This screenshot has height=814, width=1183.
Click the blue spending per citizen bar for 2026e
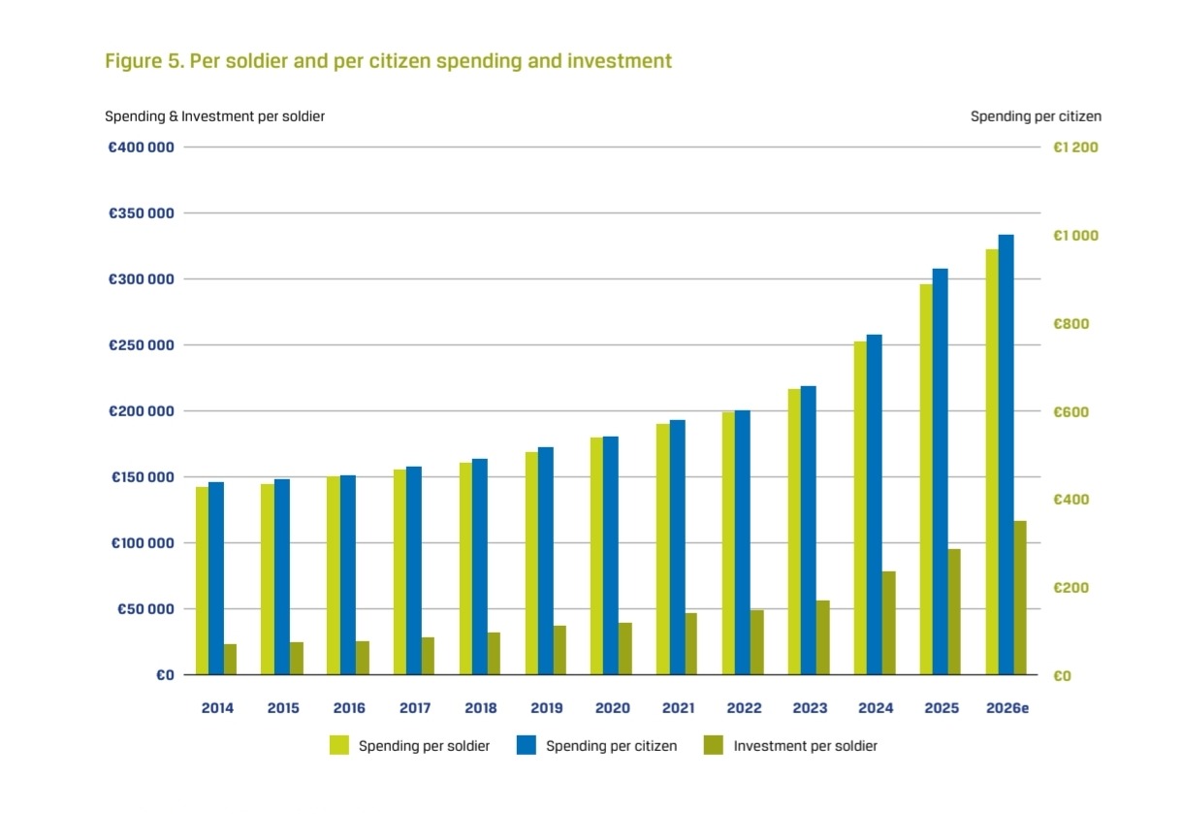pyautogui.click(x=1007, y=455)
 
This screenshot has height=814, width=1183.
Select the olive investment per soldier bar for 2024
pyautogui.click(x=889, y=623)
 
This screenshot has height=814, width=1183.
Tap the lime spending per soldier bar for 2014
pyautogui.click(x=203, y=581)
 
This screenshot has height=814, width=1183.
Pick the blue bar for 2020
pyautogui.click(x=611, y=556)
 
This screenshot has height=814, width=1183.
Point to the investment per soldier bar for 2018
pyautogui.click(x=494, y=654)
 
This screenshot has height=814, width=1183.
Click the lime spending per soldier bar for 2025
pyautogui.click(x=926, y=479)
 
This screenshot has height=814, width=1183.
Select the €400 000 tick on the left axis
pyautogui.click(x=141, y=147)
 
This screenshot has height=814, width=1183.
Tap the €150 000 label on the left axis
pyautogui.click(x=143, y=477)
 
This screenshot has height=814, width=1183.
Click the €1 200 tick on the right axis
pyautogui.click(x=1075, y=147)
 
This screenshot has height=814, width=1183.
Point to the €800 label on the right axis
pyautogui.click(x=1071, y=323)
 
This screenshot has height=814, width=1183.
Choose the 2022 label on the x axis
pyautogui.click(x=744, y=707)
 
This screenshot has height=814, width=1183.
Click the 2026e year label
pyautogui.click(x=1007, y=707)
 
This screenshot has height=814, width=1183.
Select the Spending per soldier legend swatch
pyautogui.click(x=339, y=745)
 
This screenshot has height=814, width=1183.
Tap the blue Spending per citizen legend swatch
pyautogui.click(x=527, y=745)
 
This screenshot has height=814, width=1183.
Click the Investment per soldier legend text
pyautogui.click(x=806, y=746)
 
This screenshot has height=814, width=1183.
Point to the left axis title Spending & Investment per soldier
pyautogui.click(x=214, y=116)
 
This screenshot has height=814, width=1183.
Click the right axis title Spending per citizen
pyautogui.click(x=1036, y=116)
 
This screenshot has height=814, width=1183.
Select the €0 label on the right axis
pyautogui.click(x=1062, y=676)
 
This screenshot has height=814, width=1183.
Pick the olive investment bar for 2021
pyautogui.click(x=690, y=644)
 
